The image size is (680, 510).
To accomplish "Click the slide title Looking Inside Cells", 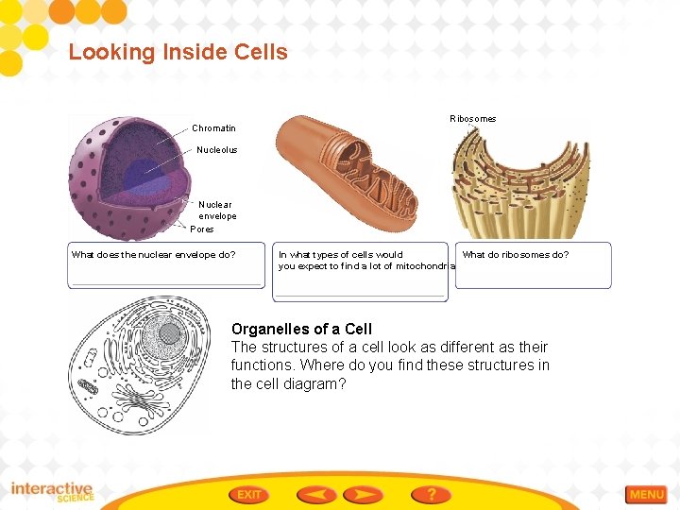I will (178, 52).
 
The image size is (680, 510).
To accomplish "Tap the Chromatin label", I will (213, 127).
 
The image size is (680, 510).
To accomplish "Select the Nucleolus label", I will (216, 150).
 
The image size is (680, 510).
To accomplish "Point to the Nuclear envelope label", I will (216, 210).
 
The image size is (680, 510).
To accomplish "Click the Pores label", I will (202, 229).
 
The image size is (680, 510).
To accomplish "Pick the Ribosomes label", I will (472, 119).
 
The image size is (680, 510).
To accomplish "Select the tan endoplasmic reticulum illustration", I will (520, 189).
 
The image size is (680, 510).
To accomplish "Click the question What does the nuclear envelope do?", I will (153, 254).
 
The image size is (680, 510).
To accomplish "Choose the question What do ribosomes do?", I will (516, 254).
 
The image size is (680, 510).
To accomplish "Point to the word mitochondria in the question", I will (424, 266).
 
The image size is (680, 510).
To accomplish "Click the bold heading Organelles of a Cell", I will (301, 329).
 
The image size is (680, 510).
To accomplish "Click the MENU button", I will (646, 494).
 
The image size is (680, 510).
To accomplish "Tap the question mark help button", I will (431, 494).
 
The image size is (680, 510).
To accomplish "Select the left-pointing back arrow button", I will (315, 494).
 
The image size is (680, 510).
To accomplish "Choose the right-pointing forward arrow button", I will (363, 494).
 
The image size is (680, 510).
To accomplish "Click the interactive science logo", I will (52, 492).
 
